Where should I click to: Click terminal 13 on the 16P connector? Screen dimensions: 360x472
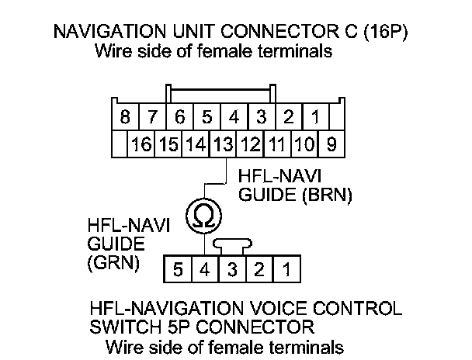click(x=224, y=144)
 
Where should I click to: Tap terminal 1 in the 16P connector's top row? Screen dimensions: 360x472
click(x=315, y=118)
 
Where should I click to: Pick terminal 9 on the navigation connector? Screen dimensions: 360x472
click(x=331, y=144)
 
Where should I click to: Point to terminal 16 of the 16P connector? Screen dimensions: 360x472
click(x=141, y=144)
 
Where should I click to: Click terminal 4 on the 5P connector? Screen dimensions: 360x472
click(x=206, y=271)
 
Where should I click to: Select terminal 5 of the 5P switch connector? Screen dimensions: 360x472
click(x=179, y=271)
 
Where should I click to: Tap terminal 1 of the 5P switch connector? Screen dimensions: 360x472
click(x=286, y=271)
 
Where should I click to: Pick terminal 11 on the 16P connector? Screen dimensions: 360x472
click(x=277, y=144)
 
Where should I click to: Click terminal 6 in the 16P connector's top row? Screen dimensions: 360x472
click(x=180, y=118)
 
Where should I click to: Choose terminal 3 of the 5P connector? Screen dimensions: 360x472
click(x=233, y=271)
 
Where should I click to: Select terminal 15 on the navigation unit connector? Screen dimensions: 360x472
click(x=169, y=144)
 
